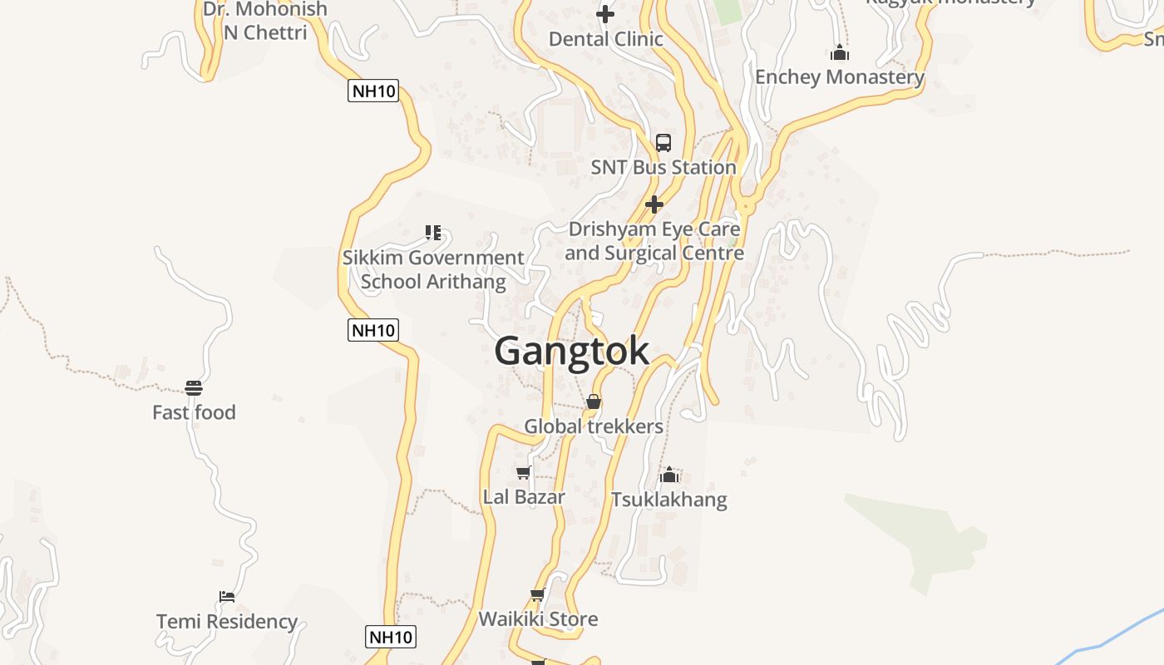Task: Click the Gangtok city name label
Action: (571, 351)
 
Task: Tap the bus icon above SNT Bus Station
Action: (663, 143)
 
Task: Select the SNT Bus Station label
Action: (663, 167)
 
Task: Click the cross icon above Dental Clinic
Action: (605, 14)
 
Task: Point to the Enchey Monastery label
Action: (839, 77)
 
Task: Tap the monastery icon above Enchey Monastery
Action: (840, 53)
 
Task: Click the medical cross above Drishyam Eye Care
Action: (654, 204)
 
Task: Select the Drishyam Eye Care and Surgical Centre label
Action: (654, 241)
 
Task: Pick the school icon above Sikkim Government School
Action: (432, 233)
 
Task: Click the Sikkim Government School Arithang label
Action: (433, 269)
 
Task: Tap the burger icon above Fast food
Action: (194, 387)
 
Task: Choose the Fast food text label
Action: (194, 412)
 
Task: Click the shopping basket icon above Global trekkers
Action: (594, 402)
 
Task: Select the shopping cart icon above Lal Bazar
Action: (523, 473)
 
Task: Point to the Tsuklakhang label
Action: (668, 500)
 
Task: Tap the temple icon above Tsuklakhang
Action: (669, 475)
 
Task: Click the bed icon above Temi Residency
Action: (227, 597)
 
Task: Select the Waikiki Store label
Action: (538, 619)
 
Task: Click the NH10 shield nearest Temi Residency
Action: (390, 638)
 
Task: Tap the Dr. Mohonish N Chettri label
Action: (265, 21)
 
